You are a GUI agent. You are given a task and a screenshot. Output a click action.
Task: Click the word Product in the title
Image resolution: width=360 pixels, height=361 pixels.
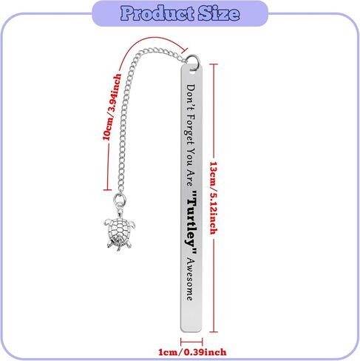pyautogui.click(x=157, y=13)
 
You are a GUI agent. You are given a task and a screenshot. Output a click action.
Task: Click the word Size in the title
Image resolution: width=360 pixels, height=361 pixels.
pyautogui.click(x=219, y=13)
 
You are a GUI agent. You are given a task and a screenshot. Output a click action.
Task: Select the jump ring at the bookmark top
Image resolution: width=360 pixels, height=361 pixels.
pyautogui.click(x=193, y=61)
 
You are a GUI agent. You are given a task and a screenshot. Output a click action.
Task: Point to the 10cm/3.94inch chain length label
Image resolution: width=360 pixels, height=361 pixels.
pyautogui.click(x=112, y=107)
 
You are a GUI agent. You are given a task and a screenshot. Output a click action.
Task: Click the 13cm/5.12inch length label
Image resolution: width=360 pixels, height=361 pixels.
pyautogui.click(x=214, y=198)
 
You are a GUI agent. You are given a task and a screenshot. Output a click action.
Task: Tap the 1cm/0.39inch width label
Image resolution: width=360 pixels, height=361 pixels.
pyautogui.click(x=192, y=352)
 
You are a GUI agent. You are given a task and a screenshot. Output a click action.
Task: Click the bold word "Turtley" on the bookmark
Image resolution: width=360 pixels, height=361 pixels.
pyautogui.click(x=192, y=222)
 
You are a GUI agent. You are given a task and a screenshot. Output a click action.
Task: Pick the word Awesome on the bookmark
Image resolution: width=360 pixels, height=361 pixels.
pyautogui.click(x=190, y=280)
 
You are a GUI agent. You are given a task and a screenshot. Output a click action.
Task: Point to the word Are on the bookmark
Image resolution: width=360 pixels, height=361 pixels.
pyautogui.click(x=190, y=178)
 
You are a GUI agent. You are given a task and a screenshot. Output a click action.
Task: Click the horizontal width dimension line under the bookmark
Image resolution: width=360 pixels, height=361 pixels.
pyautogui.click(x=191, y=342)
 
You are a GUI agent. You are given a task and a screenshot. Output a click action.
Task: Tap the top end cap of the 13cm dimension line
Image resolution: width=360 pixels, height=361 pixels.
pyautogui.click(x=214, y=64)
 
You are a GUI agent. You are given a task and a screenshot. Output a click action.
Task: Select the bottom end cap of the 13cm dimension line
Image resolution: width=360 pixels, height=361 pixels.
pyautogui.click(x=214, y=332)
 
